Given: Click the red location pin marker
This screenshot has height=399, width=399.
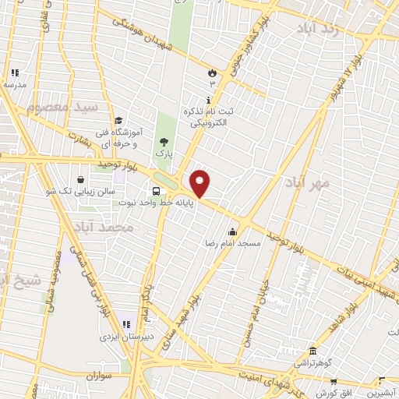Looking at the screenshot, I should (200, 184).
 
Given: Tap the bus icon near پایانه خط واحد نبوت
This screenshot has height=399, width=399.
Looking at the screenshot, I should (157, 192).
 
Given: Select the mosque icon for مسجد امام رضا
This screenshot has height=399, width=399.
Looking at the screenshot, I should (231, 231).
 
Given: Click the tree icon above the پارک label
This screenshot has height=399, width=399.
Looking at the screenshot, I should (164, 142).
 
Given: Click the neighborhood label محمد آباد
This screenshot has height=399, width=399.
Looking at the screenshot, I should (129, 227).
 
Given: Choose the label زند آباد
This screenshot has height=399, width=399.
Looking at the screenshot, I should (319, 29).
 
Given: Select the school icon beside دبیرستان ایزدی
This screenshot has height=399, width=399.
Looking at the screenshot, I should (126, 324).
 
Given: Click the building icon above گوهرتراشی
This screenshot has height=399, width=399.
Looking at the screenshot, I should (312, 351).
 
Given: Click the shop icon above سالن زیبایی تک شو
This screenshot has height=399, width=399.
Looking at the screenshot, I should (80, 179).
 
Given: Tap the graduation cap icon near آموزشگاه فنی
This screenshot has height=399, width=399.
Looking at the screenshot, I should (118, 120).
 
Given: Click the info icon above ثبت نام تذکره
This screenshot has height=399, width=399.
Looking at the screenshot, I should (208, 100).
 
